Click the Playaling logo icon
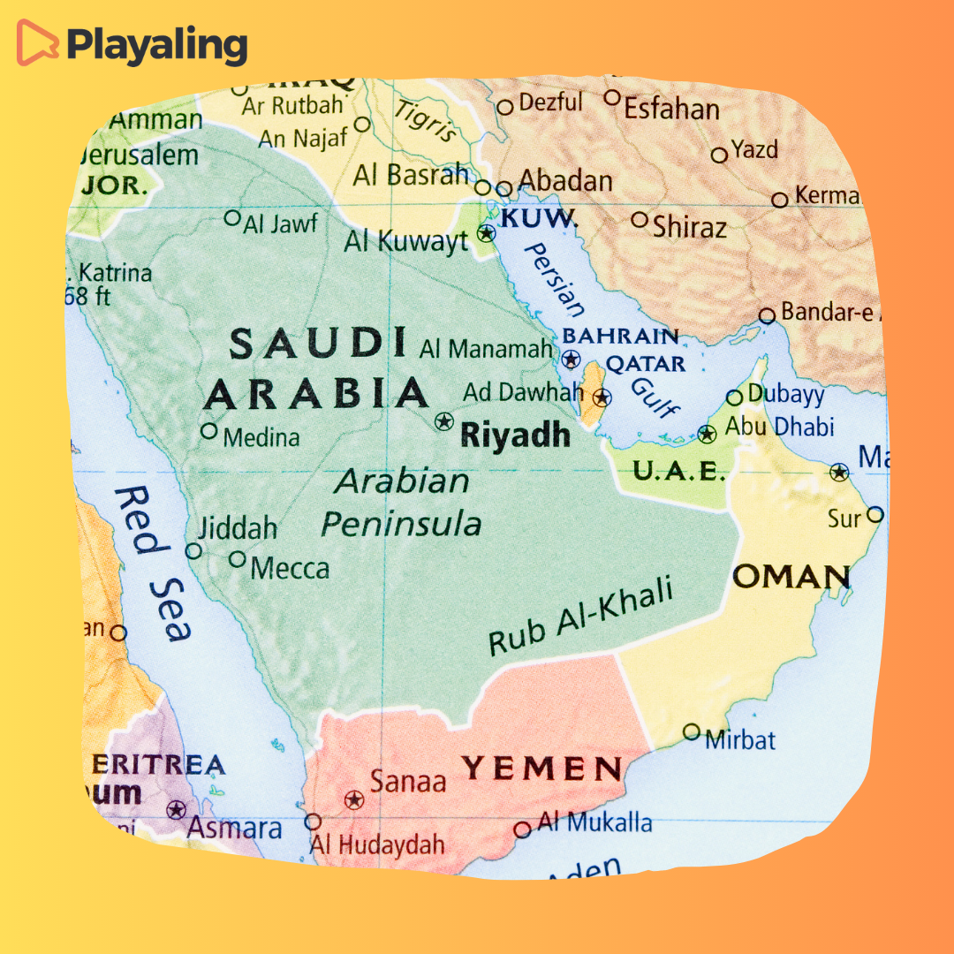point(38,43)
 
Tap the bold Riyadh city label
point(516,435)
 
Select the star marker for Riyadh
point(443,421)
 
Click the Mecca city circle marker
point(237,558)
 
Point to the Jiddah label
point(237,528)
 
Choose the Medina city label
point(261,436)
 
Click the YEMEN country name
point(542,769)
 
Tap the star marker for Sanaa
point(354,800)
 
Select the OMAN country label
point(791,578)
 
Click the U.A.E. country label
point(678,472)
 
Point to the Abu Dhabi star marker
point(707,434)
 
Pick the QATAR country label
point(645,364)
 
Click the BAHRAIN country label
point(621,336)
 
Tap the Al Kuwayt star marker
point(486,233)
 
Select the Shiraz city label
point(690,227)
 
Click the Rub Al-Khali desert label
point(580,617)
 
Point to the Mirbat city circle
point(692,732)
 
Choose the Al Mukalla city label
point(595,823)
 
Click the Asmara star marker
point(177,809)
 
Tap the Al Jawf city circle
point(232,217)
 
